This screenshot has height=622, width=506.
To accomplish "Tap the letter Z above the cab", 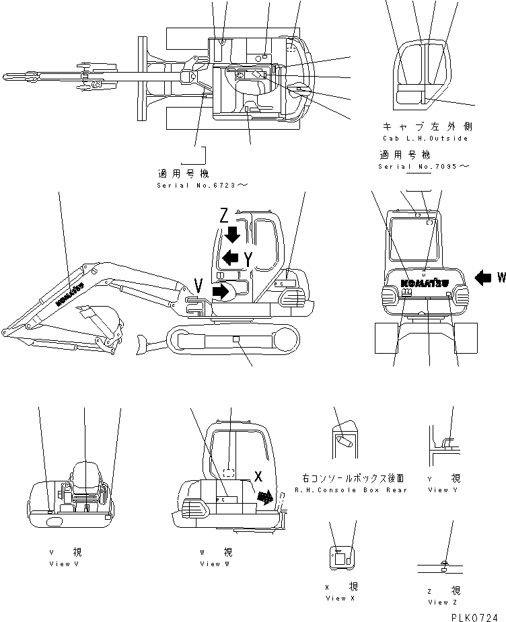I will tap(225, 215).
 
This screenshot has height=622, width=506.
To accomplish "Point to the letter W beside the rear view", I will tap(500, 276).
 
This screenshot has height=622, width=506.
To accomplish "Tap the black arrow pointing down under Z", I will tap(233, 235).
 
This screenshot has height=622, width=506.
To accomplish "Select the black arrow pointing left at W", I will tap(483, 276).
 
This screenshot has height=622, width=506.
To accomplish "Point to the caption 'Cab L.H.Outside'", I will tap(424, 138).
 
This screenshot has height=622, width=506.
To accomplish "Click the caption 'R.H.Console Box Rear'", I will tap(351, 490).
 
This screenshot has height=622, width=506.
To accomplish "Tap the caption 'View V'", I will tap(64, 563).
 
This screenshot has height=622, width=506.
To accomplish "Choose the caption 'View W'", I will tap(215, 563).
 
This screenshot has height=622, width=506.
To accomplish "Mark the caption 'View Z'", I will tap(442, 602).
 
